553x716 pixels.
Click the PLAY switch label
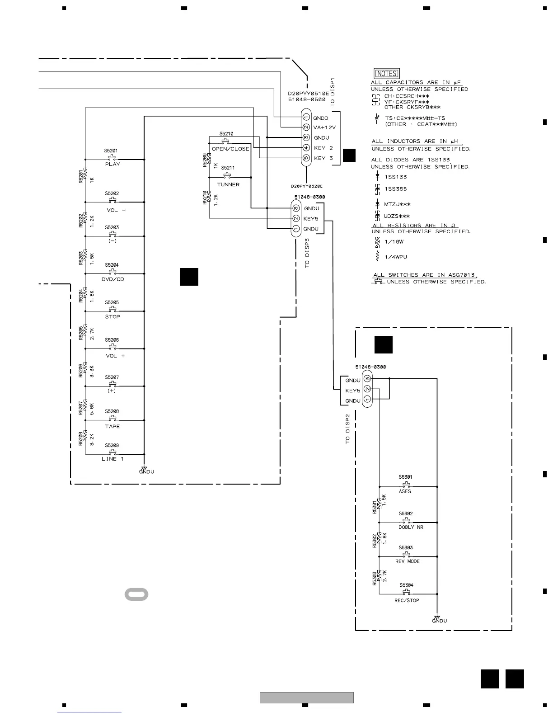(112, 164)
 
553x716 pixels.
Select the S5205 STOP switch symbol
(112, 310)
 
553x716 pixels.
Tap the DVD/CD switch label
(112, 279)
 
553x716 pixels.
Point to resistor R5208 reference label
(81, 438)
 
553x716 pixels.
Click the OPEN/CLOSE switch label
(230, 149)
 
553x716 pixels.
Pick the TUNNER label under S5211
(228, 184)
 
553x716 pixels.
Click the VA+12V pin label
(324, 127)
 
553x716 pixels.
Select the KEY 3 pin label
(323, 158)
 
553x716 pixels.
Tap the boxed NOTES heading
(387, 73)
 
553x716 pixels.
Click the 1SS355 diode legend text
(395, 189)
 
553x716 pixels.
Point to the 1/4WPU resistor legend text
(395, 257)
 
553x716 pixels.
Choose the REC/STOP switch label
(407, 600)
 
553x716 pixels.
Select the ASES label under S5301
(405, 491)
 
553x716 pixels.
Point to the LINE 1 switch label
(112, 459)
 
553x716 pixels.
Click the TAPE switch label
(112, 426)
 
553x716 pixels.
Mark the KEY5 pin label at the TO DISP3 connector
(311, 219)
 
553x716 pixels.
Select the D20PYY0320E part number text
(307, 186)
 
